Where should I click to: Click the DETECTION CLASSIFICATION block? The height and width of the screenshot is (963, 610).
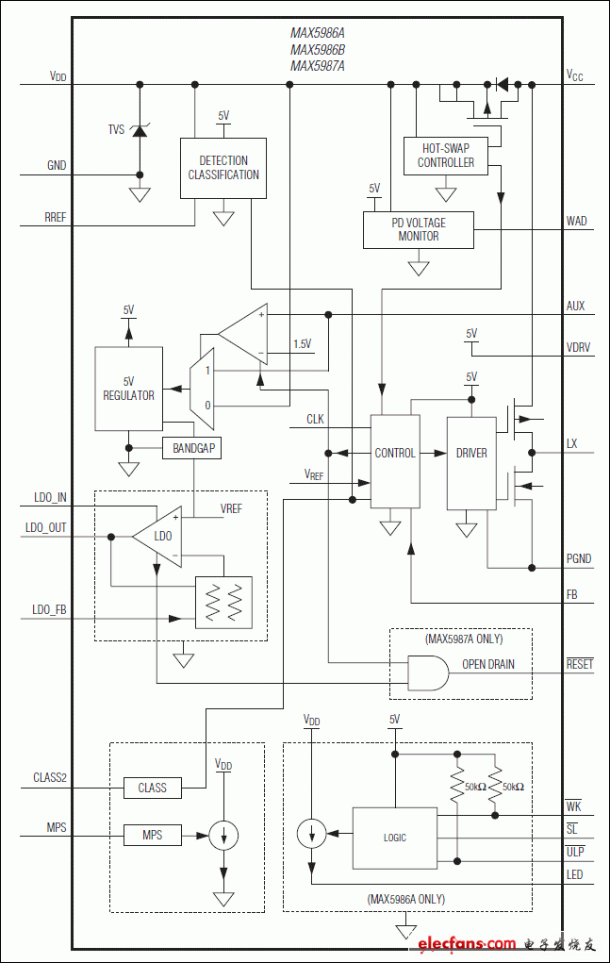(223, 169)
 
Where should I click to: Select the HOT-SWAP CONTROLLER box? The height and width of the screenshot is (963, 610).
(446, 156)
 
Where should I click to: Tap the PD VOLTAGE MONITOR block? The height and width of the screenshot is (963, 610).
(418, 229)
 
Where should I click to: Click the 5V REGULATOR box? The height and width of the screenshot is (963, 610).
(128, 389)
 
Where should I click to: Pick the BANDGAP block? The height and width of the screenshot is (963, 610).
(192, 449)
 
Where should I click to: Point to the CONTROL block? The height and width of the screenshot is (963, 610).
(394, 453)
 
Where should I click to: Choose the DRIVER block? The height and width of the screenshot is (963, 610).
(471, 453)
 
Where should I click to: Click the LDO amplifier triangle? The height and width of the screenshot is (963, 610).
(158, 536)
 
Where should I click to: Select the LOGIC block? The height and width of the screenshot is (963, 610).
(394, 838)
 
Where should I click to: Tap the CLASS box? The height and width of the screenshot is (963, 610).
(152, 788)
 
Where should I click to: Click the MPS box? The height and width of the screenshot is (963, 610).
(152, 835)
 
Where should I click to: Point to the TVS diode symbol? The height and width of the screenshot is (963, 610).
(140, 130)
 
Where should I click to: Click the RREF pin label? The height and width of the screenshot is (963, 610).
(56, 218)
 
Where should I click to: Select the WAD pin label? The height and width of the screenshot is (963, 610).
(576, 222)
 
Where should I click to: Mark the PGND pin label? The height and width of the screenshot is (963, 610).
(579, 559)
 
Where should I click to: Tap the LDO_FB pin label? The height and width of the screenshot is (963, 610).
(49, 610)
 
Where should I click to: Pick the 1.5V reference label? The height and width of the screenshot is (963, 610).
(303, 344)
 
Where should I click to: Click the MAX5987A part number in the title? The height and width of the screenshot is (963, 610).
(318, 66)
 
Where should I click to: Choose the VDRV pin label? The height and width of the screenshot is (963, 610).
(579, 348)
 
